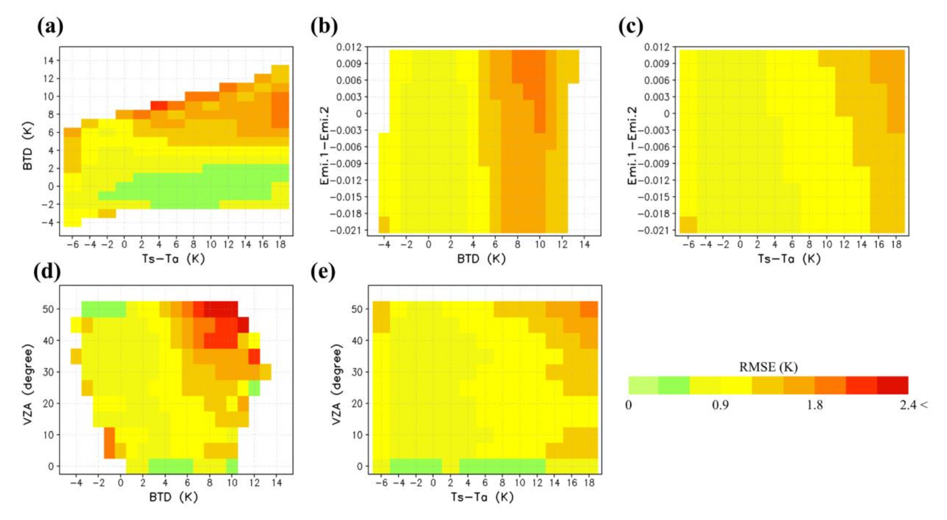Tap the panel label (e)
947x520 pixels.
click(x=323, y=272)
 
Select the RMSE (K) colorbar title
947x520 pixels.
click(x=768, y=367)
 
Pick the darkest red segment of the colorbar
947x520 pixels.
click(x=892, y=385)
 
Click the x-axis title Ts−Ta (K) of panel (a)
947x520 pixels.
click(x=174, y=259)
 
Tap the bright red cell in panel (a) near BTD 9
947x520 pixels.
click(x=159, y=105)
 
